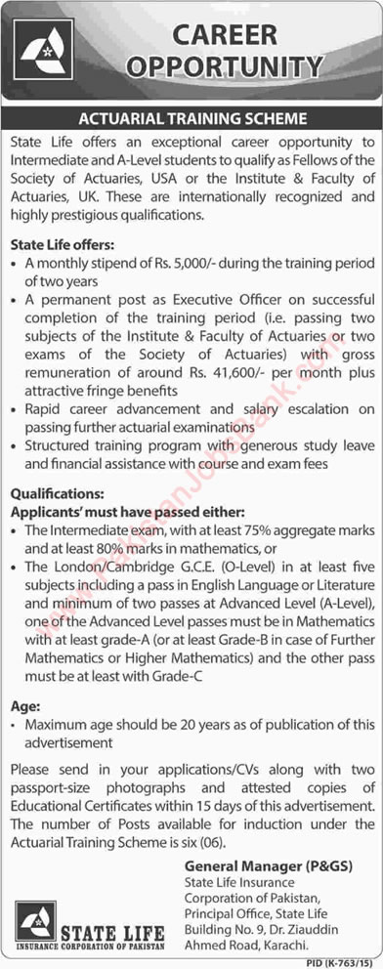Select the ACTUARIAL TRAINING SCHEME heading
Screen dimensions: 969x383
[192, 119]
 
